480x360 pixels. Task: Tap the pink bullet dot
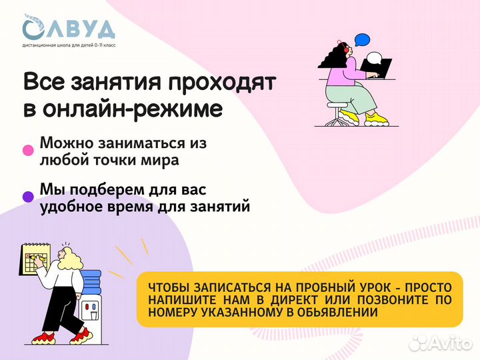(28, 151)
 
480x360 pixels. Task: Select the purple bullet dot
(28, 197)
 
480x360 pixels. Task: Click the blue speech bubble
(362, 39)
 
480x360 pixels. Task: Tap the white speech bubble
(376, 59)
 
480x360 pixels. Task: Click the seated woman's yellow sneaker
(377, 118)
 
